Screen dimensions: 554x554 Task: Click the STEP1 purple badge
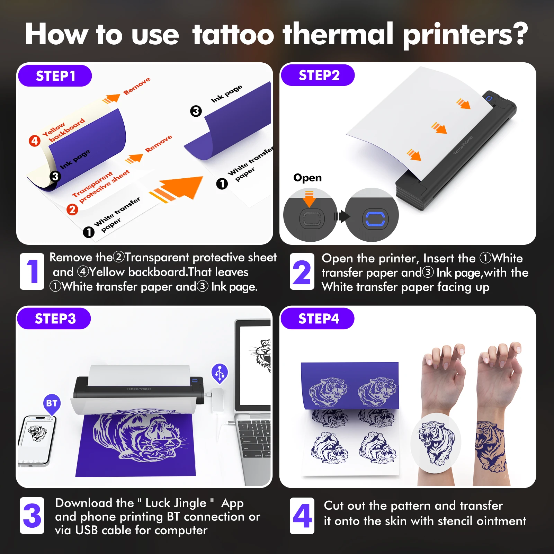click(x=55, y=76)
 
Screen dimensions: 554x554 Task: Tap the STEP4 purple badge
click(x=318, y=319)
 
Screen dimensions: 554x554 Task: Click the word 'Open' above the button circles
click(x=307, y=178)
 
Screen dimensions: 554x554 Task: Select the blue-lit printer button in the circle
click(x=375, y=219)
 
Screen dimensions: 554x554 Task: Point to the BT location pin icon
click(x=52, y=403)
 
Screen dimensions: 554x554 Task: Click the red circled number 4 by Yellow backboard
click(x=35, y=141)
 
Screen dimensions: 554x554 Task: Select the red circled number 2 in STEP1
click(x=72, y=209)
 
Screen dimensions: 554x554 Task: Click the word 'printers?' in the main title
click(x=465, y=35)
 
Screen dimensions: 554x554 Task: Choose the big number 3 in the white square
click(x=32, y=515)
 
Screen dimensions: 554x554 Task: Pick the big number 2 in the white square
click(x=302, y=271)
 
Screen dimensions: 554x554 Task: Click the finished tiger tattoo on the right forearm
click(x=491, y=447)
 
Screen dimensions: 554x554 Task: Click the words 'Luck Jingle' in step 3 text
click(x=176, y=503)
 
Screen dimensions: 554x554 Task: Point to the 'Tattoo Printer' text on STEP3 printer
click(x=139, y=389)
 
